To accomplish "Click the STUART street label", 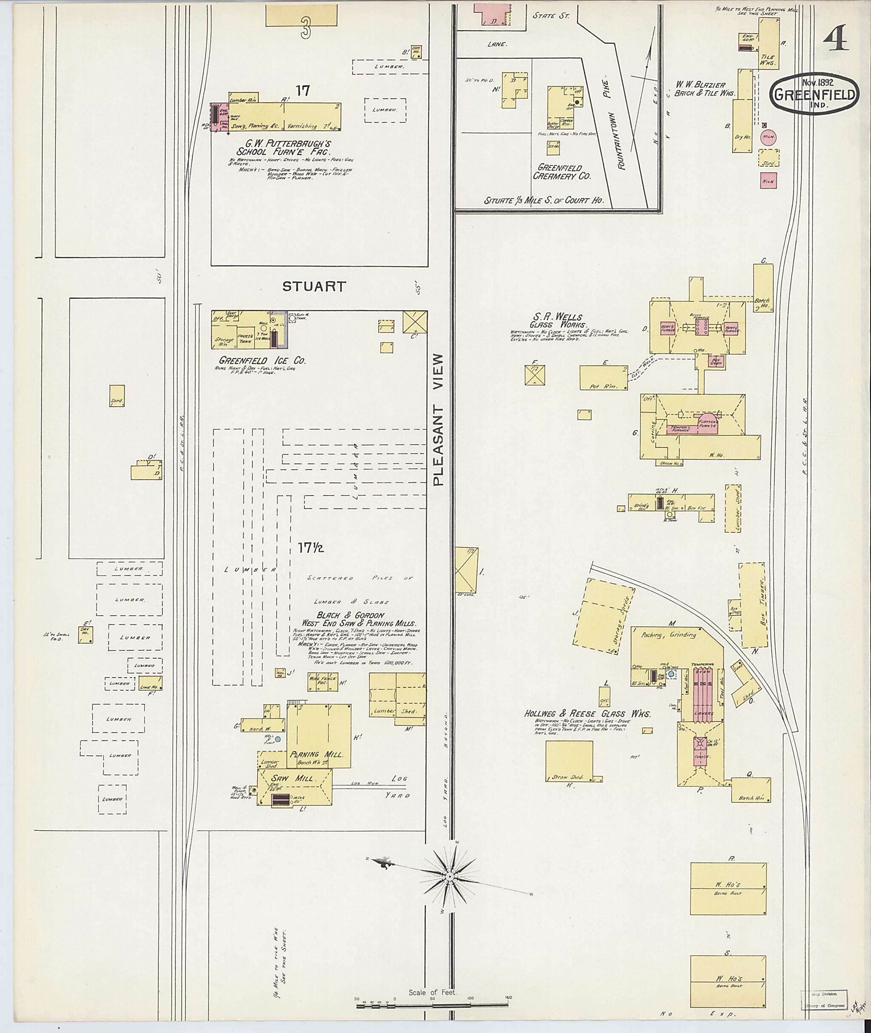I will click(x=314, y=286).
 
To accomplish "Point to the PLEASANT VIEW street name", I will click(x=439, y=420).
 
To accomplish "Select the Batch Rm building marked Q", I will click(x=751, y=790).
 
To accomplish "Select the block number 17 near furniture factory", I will click(x=303, y=90).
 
